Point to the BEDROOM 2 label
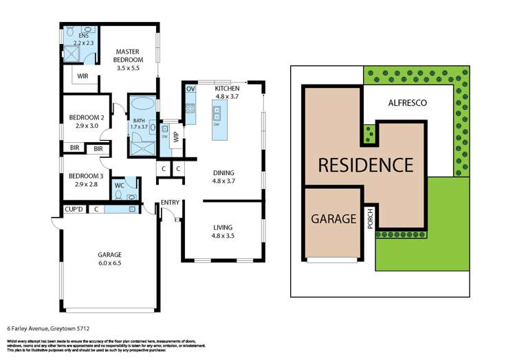point(86,117)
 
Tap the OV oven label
point(190,90)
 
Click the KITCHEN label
point(226,89)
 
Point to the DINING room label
point(223,172)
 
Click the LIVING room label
point(222,227)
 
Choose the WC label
point(119,185)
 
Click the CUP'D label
point(73,209)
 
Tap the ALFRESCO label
point(408,102)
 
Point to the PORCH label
point(369,220)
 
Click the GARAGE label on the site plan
point(333,220)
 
